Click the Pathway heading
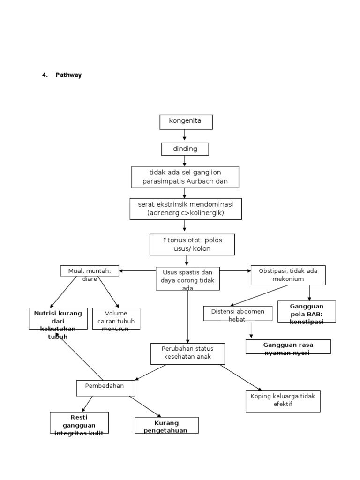[x=68, y=75]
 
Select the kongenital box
[x=186, y=121]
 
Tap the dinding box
[x=185, y=149]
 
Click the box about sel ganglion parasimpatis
[x=185, y=177]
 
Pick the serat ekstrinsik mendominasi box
[x=186, y=209]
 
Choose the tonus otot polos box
[x=192, y=244]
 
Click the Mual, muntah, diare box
[x=90, y=271]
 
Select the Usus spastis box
[x=187, y=278]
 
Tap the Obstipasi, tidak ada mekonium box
[x=288, y=275]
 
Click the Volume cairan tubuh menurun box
[x=116, y=318]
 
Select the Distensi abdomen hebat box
[x=238, y=314]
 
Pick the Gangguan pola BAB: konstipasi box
[x=307, y=312]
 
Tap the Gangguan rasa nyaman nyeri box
[x=288, y=346]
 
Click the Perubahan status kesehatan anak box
[x=187, y=353]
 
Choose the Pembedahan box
[x=106, y=388]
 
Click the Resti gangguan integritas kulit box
[x=79, y=423]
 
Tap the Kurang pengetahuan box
[x=166, y=426]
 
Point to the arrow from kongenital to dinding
[x=185, y=135]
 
